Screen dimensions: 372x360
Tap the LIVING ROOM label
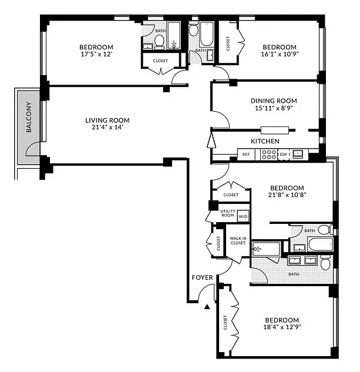(x=107, y=120)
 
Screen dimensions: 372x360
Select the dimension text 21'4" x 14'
(x=107, y=128)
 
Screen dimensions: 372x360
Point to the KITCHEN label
(x=265, y=141)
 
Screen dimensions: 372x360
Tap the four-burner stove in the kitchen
(x=269, y=155)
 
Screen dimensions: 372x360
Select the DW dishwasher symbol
(x=283, y=155)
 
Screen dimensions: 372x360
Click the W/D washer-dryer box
(x=243, y=216)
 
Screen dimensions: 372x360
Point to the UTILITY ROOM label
(x=227, y=213)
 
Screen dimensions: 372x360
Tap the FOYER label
(x=201, y=277)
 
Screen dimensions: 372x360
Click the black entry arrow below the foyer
(x=207, y=306)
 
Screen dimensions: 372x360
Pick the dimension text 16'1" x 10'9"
(x=280, y=55)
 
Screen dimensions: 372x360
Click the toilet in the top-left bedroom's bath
(x=159, y=42)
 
